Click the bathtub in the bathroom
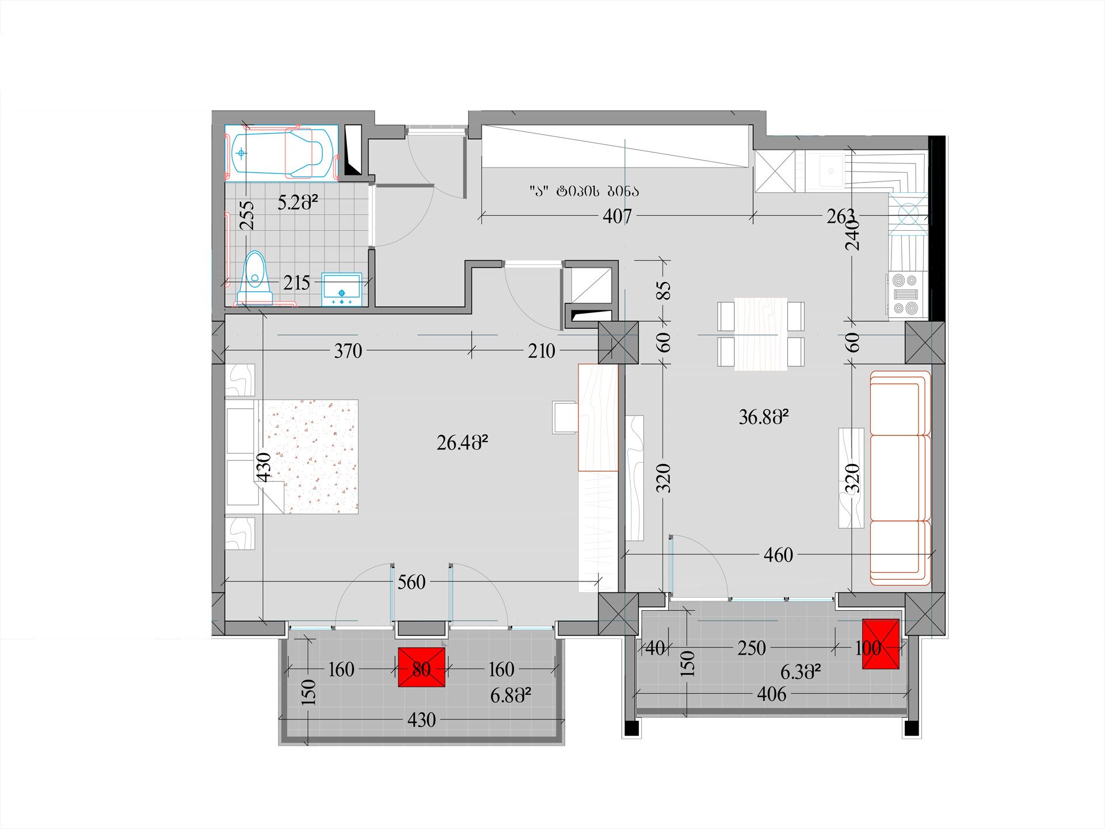tap(281, 153)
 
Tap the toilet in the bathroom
tap(255, 279)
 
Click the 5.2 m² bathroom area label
tap(298, 202)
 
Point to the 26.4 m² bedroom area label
tap(462, 442)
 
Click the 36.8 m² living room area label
tap(764, 417)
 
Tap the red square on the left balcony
tap(421, 667)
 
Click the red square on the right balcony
tap(881, 644)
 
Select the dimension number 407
tap(617, 216)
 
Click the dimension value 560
tap(411, 582)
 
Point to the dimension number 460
tap(778, 555)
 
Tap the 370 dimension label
tap(348, 351)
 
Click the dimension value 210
tap(542, 351)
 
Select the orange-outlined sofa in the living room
tap(900, 478)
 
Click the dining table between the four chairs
tap(761, 333)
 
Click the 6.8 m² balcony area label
tap(510, 695)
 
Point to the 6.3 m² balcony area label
tap(801, 671)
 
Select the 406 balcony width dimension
tap(772, 694)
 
